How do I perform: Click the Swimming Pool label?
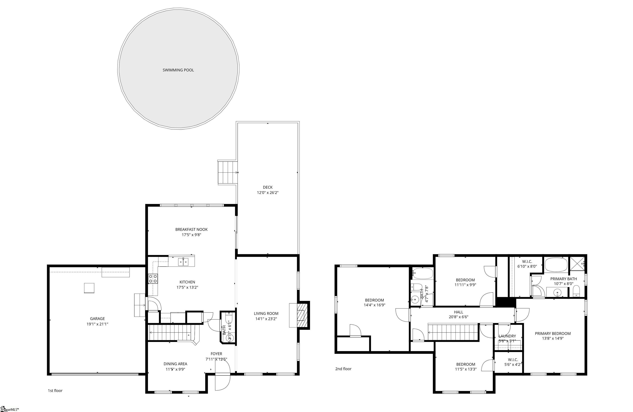(x=178, y=70)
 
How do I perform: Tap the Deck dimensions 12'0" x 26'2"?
(x=268, y=193)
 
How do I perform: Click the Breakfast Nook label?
(x=191, y=229)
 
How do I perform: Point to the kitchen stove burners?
(x=153, y=279)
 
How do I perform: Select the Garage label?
(x=97, y=319)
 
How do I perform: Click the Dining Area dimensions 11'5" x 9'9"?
(x=175, y=369)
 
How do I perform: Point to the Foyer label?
(x=216, y=354)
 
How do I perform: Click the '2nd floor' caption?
(x=343, y=369)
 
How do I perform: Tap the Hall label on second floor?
(x=458, y=312)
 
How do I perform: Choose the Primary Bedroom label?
(x=553, y=334)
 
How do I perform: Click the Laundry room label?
(x=507, y=336)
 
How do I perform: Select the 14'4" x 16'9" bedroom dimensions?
(x=374, y=305)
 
